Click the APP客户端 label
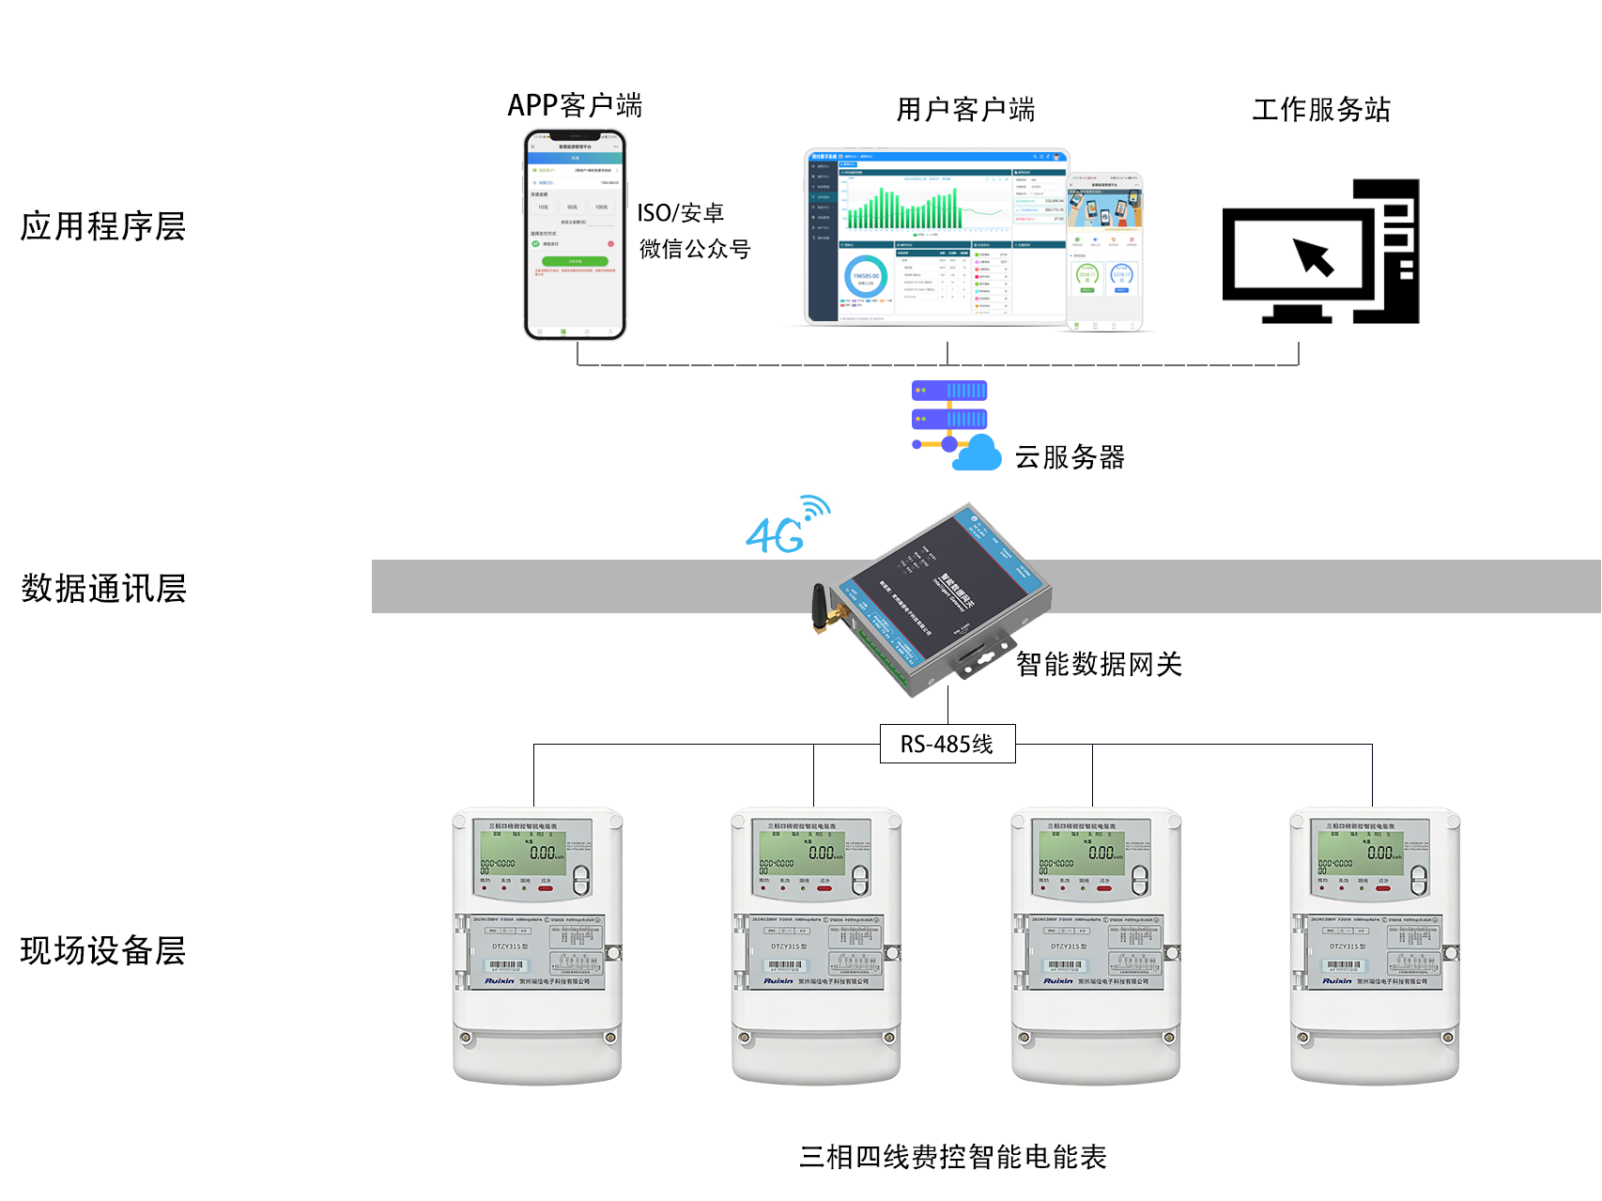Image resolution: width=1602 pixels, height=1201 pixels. tap(575, 105)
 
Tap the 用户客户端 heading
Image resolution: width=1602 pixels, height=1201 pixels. tap(965, 110)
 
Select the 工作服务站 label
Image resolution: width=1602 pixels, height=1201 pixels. tap(1320, 110)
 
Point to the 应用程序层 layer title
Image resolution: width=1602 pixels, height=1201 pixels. tap(103, 226)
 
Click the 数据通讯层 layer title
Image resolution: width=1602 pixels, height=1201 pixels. tap(103, 589)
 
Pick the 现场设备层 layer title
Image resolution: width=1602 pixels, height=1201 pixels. tap(103, 950)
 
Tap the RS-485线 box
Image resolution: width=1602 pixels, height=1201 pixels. tap(947, 744)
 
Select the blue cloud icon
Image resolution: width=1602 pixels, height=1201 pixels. tap(977, 454)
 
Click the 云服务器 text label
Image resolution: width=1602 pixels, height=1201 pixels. tap(1069, 457)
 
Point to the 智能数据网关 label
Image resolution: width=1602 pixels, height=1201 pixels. tap(1099, 664)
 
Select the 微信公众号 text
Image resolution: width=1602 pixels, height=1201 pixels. tap(695, 249)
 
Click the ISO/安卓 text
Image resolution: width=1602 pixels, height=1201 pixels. tap(680, 213)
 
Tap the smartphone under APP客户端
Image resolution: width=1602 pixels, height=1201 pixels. tap(575, 235)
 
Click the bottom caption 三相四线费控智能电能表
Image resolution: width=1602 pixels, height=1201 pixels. tap(952, 1157)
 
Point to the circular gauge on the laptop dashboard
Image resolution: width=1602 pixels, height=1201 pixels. tap(865, 277)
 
